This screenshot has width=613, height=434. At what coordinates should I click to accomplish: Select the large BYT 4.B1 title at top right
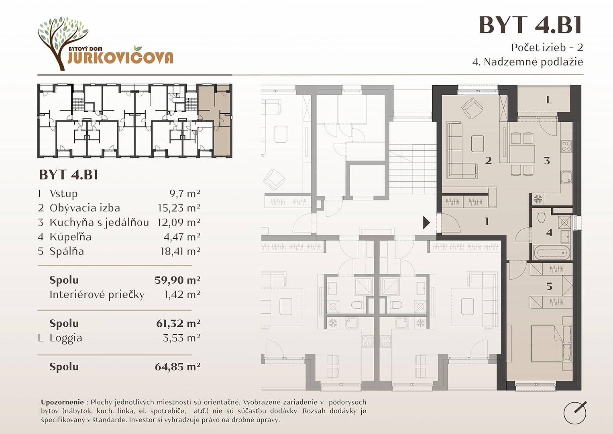tap(531, 25)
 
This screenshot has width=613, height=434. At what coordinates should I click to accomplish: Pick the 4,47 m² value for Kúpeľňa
tap(182, 237)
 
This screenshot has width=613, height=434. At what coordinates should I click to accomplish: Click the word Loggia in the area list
tap(66, 338)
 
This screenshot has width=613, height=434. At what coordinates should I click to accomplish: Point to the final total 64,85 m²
tap(177, 366)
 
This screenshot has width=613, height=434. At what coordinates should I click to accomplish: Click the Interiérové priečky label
tap(97, 295)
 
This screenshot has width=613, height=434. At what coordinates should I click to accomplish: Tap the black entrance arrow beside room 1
tap(426, 223)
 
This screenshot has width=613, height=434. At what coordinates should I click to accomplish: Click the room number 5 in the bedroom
tap(549, 287)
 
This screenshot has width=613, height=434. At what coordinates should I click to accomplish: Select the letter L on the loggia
tap(549, 100)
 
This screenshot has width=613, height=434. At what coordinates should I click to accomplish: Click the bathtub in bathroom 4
tap(552, 253)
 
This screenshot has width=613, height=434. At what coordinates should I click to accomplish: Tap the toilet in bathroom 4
tap(541, 217)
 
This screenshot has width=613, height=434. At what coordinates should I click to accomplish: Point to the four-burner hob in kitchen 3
tap(566, 146)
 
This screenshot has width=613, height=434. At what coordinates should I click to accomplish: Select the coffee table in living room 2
tap(478, 144)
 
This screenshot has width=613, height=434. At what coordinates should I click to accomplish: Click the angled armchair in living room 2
tap(472, 108)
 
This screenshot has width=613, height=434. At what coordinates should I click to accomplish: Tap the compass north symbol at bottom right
tap(575, 412)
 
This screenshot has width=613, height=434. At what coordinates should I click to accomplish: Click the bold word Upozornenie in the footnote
tap(62, 402)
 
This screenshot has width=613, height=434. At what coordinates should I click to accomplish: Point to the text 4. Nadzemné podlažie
tap(527, 62)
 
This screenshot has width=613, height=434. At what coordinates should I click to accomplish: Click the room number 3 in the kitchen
tap(547, 161)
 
